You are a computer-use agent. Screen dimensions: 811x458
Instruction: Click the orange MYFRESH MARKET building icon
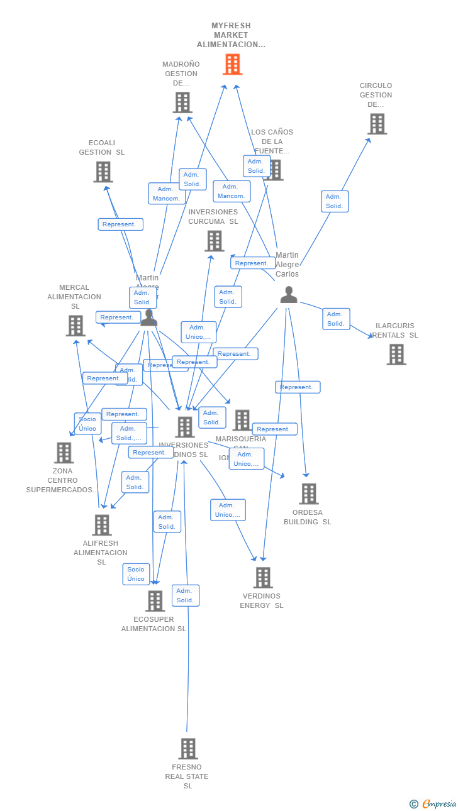point(232,64)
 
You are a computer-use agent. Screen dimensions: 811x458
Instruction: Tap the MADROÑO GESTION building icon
point(182,102)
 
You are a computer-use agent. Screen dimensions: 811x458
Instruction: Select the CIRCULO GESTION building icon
point(377,124)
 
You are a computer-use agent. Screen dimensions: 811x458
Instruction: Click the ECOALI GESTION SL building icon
point(103,172)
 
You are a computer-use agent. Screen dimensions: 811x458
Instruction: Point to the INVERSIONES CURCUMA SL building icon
point(214,241)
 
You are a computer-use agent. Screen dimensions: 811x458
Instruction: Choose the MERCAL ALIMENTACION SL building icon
point(75,326)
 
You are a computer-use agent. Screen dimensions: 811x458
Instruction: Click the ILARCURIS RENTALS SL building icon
point(396,355)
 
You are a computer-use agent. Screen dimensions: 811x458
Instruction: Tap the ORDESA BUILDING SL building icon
point(308,494)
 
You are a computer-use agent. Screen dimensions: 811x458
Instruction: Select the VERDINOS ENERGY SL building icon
point(262,578)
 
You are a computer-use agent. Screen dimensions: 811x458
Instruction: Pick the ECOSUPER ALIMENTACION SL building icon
point(155,601)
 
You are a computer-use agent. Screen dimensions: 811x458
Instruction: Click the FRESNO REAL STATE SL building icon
point(187,749)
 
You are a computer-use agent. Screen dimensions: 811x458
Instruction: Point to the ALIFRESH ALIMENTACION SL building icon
point(101,525)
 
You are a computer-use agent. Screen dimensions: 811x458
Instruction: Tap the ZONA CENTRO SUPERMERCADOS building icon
point(64,453)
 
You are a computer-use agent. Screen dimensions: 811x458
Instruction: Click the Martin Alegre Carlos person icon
point(288,295)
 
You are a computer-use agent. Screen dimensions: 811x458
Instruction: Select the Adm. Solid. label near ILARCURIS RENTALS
point(336,319)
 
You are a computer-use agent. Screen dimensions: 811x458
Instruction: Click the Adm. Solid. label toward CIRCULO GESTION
point(334,201)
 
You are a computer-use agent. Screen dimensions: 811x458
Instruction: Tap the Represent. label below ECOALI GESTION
point(120,224)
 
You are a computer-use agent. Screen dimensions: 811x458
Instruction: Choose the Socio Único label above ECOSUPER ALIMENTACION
point(136,574)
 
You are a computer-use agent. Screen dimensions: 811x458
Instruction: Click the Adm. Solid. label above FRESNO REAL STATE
point(185,595)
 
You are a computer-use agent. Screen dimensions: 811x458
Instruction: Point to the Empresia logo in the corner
point(433,803)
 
